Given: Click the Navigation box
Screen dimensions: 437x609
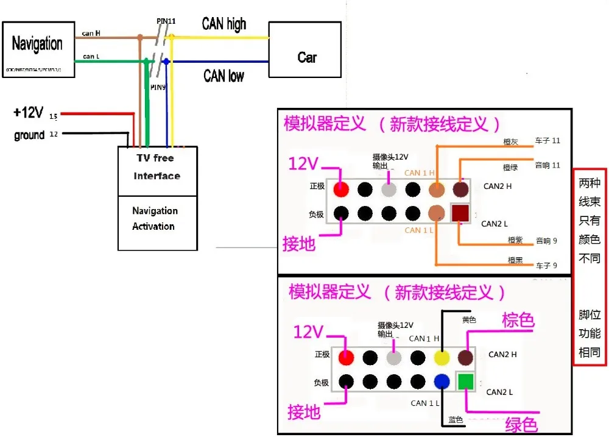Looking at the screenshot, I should click(x=38, y=49).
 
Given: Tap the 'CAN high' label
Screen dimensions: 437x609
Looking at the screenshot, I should click(x=224, y=24).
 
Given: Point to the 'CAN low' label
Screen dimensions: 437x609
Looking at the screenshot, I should click(x=224, y=76).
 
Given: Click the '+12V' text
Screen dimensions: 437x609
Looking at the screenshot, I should click(x=28, y=113).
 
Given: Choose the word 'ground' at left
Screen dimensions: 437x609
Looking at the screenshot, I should click(x=29, y=135).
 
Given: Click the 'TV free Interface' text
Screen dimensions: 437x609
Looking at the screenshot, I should click(x=157, y=167).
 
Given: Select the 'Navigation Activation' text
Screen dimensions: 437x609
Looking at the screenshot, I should click(x=155, y=218).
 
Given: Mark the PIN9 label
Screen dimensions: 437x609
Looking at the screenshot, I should click(x=158, y=87).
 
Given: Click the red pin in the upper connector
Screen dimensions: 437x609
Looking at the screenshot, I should click(x=342, y=190).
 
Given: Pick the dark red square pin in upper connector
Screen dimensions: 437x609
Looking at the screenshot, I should click(x=460, y=213).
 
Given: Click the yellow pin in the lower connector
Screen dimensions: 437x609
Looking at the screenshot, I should click(x=442, y=357).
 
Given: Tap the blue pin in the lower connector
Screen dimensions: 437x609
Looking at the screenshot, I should click(x=442, y=382).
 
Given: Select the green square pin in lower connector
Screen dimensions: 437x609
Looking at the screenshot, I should click(x=465, y=382).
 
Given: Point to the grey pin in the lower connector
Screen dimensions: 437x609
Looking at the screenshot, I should click(x=394, y=357).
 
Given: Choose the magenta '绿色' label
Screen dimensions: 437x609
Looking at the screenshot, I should click(x=521, y=422).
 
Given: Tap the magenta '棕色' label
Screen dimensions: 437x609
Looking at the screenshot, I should click(x=518, y=321).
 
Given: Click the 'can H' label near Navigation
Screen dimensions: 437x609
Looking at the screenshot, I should click(x=91, y=34).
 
